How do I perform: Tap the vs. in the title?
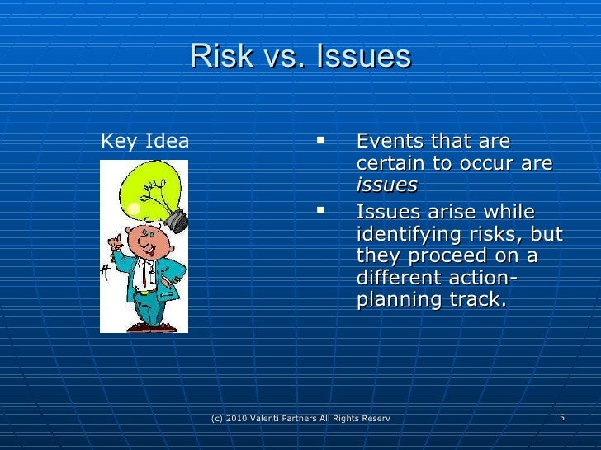(280, 57)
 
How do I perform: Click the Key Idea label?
(144, 141)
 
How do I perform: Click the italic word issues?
(386, 185)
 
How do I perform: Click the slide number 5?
(561, 418)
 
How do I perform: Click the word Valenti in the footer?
(277, 420)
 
